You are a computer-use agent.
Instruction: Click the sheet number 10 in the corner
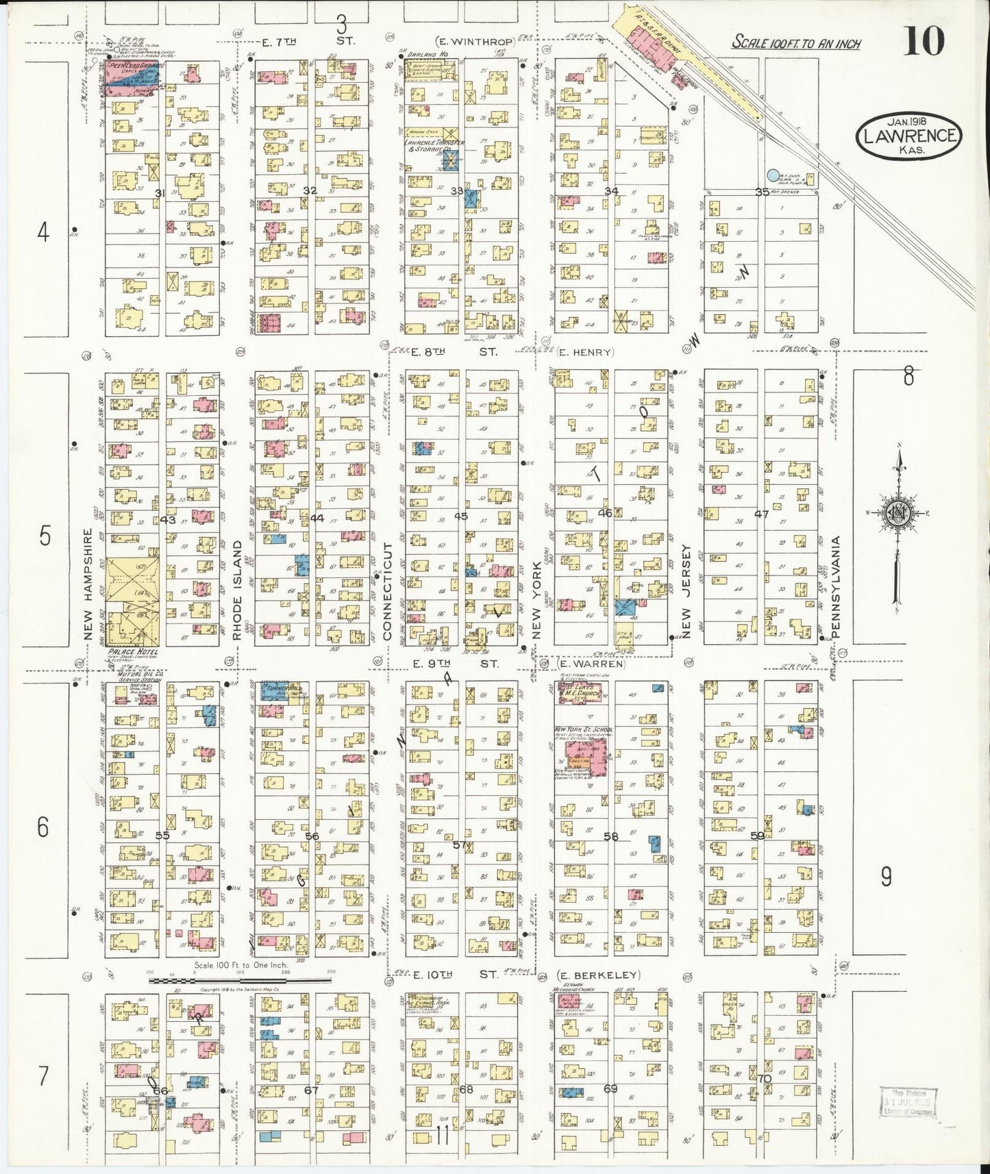924,41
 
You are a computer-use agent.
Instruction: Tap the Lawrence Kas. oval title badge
908,136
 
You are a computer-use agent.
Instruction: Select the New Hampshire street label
88,584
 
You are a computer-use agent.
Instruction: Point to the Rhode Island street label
237,590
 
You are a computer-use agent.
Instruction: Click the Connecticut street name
387,592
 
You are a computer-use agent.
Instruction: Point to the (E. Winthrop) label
475,42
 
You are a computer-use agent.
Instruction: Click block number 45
461,516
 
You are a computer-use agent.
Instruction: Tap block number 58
610,836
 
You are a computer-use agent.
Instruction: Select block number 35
762,192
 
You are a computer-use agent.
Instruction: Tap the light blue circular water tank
774,176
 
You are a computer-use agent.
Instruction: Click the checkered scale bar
240,980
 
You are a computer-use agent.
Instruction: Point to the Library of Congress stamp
908,1102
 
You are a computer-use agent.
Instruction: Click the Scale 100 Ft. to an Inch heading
796,42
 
